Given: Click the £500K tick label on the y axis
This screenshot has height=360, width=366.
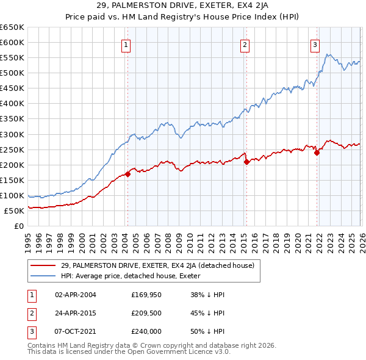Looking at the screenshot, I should click(x=12, y=73).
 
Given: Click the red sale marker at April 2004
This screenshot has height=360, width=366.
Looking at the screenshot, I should click(x=127, y=174).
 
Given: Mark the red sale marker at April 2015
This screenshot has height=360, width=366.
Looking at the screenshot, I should click(x=246, y=162).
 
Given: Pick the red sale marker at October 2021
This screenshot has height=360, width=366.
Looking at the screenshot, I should click(x=317, y=153).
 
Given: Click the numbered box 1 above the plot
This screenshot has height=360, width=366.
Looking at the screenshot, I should click(x=125, y=44).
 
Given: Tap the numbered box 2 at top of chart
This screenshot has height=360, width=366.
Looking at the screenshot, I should click(x=244, y=44).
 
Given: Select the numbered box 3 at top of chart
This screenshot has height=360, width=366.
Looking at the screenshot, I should click(x=315, y=44).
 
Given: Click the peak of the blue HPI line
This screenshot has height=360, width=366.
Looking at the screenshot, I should click(x=328, y=55).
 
